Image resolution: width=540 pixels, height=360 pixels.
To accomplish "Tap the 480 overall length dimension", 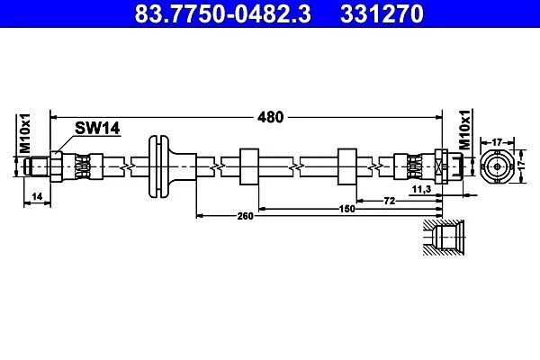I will pos(271,116).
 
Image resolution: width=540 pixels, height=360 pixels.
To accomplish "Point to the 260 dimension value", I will pos(244,216).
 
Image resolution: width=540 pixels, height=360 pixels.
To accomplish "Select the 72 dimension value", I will pos(390,200).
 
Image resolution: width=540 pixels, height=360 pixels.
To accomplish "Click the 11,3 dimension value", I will pos(419,191).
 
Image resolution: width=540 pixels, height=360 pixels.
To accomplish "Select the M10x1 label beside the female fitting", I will pos(464,131).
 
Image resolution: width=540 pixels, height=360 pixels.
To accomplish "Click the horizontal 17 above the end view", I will pos(496,140).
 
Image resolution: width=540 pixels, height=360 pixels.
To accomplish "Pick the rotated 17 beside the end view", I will pos(526,166).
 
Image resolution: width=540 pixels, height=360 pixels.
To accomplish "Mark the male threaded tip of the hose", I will pos(39,166).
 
